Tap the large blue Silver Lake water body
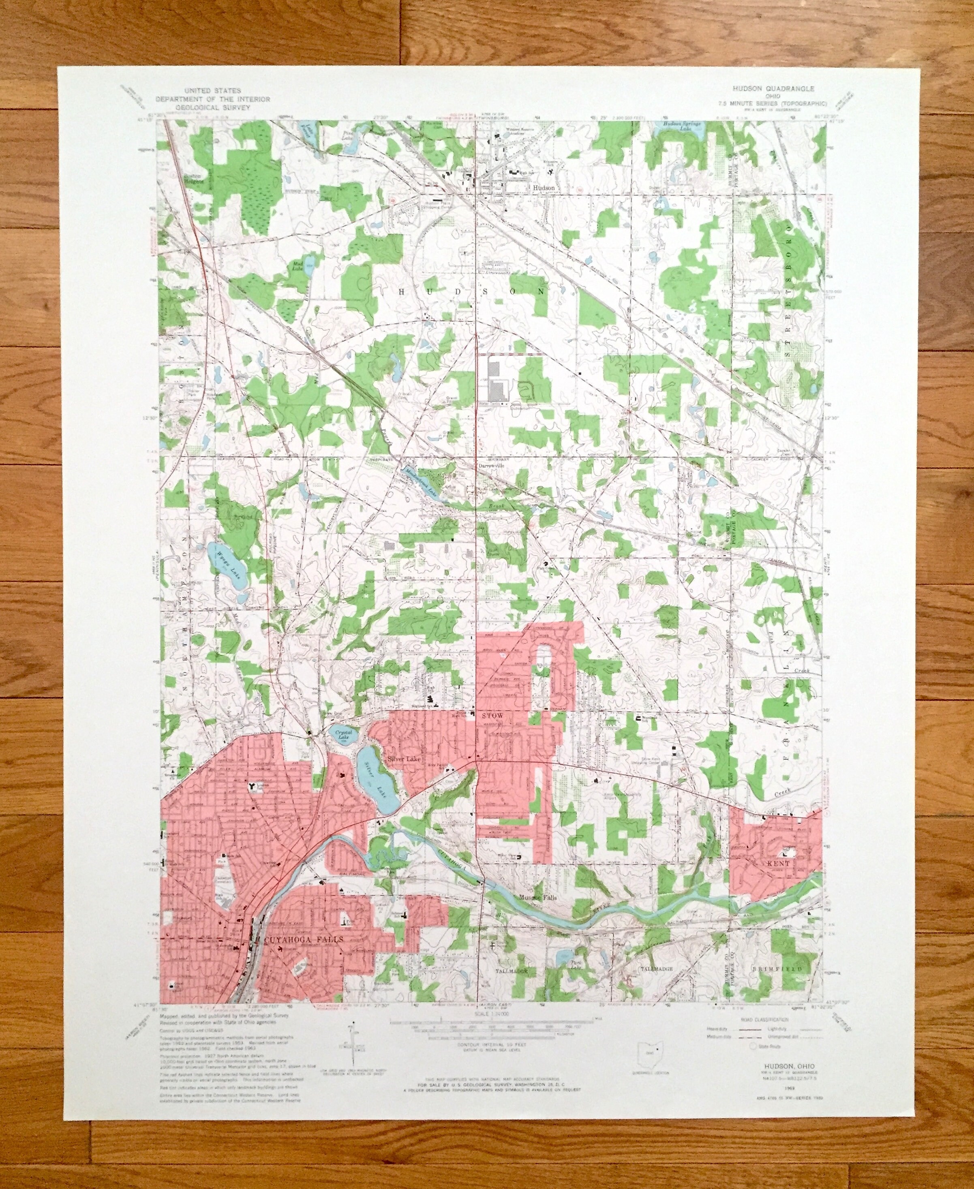coord(379,783)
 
